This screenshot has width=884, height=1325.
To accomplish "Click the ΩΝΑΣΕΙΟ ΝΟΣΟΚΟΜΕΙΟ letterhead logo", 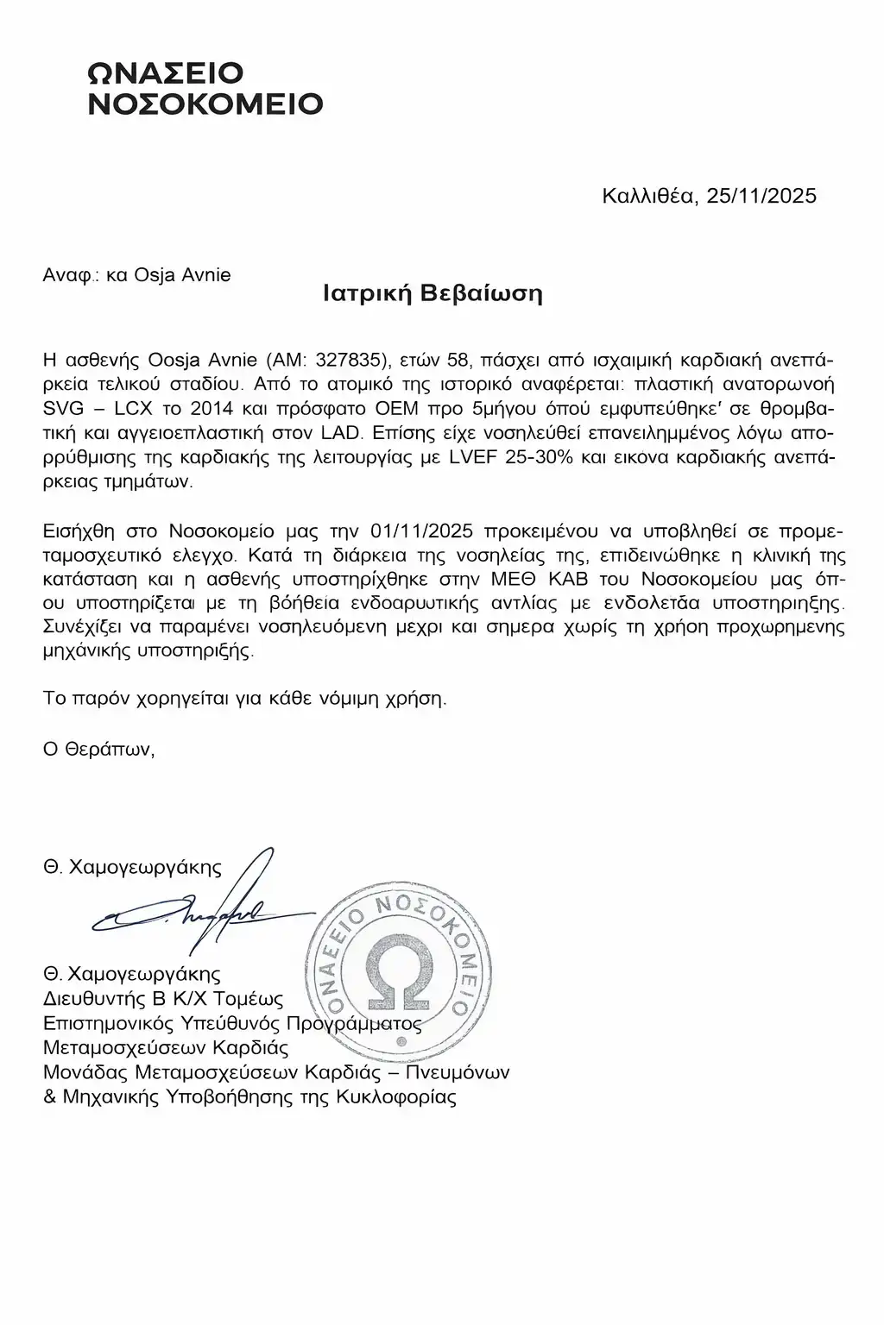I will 206,88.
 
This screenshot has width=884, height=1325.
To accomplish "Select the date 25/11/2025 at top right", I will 761,196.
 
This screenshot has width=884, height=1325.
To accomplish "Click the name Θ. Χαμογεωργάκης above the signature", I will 132,867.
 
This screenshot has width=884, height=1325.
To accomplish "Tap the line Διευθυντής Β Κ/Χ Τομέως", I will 163,999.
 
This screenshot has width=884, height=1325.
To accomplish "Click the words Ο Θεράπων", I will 98,749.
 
